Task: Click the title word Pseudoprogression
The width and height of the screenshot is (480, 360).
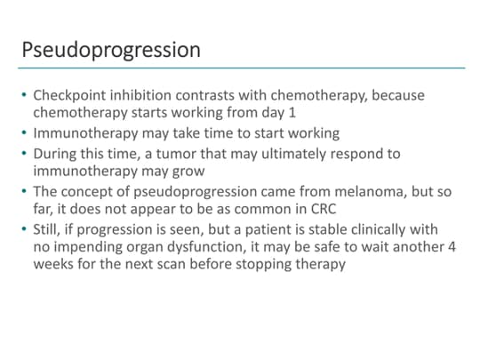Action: pyautogui.click(x=111, y=49)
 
